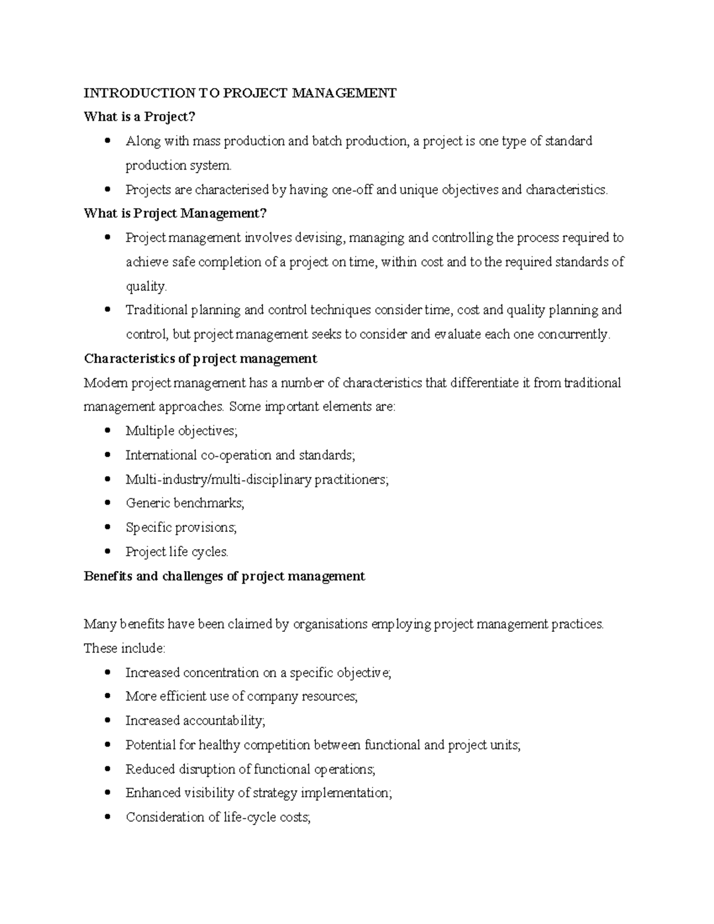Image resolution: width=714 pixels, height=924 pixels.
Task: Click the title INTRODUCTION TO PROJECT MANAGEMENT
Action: pyautogui.click(x=240, y=93)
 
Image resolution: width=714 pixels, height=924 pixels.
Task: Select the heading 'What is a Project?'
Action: pyautogui.click(x=139, y=117)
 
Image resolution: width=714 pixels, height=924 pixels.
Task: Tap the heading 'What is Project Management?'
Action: pyautogui.click(x=176, y=213)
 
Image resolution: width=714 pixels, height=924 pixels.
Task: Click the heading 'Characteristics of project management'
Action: pyautogui.click(x=201, y=359)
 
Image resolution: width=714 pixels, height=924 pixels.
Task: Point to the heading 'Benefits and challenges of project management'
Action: pyautogui.click(x=224, y=576)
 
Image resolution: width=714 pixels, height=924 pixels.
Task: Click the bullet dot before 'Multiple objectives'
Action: pyautogui.click(x=107, y=431)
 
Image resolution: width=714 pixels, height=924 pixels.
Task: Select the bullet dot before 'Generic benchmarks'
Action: pyautogui.click(x=107, y=503)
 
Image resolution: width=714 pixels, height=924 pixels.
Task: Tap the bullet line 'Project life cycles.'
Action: pyautogui.click(x=177, y=552)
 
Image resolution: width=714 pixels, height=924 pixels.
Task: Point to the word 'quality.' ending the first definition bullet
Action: pyautogui.click(x=146, y=286)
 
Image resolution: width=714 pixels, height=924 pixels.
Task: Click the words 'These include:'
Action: pyautogui.click(x=124, y=649)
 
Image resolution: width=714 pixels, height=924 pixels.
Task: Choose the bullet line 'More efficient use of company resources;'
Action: pyautogui.click(x=242, y=697)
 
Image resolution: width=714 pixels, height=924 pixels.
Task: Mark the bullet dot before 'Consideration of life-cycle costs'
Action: pyautogui.click(x=107, y=817)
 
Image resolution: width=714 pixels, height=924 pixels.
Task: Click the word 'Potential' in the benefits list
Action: pyautogui.click(x=151, y=745)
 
